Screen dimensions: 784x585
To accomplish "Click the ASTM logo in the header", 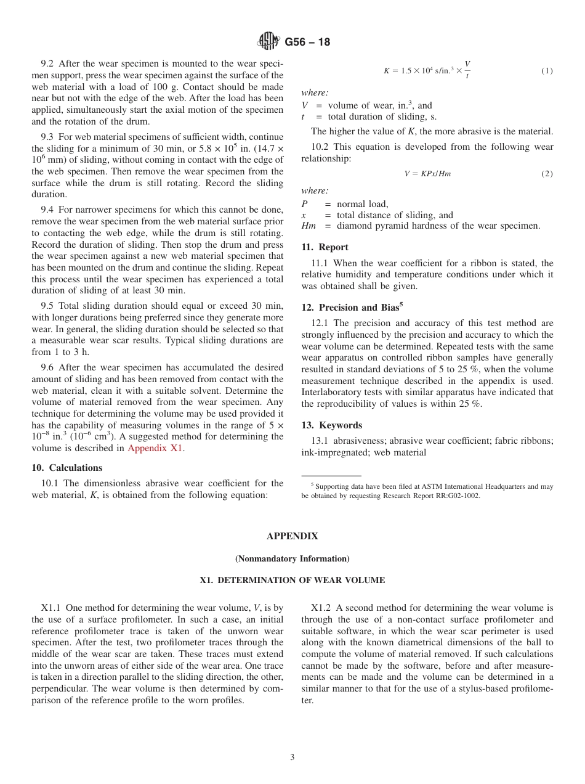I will pos(268,42).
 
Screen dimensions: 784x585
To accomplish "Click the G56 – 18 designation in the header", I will pos(307,42).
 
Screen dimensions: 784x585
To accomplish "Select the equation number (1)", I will pos(547,71).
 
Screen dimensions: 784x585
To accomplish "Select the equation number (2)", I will pos(547,174).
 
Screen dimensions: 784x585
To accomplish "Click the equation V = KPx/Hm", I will pos(427,174).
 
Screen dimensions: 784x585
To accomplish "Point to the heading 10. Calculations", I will pos(67,467).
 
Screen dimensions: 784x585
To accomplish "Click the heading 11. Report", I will pos(325,247).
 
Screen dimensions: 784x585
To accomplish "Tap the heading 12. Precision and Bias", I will pos(352,307).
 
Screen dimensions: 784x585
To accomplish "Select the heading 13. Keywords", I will pos(331,425).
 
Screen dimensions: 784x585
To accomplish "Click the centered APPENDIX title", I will pos(292,536).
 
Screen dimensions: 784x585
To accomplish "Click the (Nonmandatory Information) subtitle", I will pos(292,558).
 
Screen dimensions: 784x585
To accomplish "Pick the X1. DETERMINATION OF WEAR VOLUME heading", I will pos(292,580).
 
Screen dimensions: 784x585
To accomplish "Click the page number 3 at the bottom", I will pos(292,757).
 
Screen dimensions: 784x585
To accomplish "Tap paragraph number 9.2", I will pos(48,63).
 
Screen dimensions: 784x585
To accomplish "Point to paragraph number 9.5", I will pos(48,306).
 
